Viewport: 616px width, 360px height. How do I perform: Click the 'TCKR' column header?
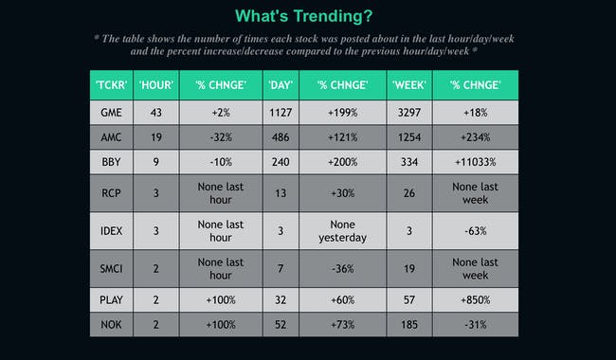tap(111, 85)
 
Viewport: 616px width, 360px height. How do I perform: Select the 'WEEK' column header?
tap(409, 85)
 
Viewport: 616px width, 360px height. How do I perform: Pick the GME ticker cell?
tap(111, 112)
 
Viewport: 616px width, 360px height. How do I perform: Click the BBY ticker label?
tap(111, 162)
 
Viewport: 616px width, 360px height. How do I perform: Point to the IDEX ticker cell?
tap(111, 231)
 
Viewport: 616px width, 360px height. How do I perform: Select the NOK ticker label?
tap(111, 325)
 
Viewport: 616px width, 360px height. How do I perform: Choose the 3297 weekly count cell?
tap(409, 112)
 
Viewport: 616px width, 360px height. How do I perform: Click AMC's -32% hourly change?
tap(221, 137)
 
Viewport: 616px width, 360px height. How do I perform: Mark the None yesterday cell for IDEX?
tap(342, 231)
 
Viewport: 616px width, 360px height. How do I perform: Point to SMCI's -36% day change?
tap(342, 269)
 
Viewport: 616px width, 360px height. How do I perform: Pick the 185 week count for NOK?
tap(409, 325)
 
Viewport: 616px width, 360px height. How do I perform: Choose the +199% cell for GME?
tap(342, 112)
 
